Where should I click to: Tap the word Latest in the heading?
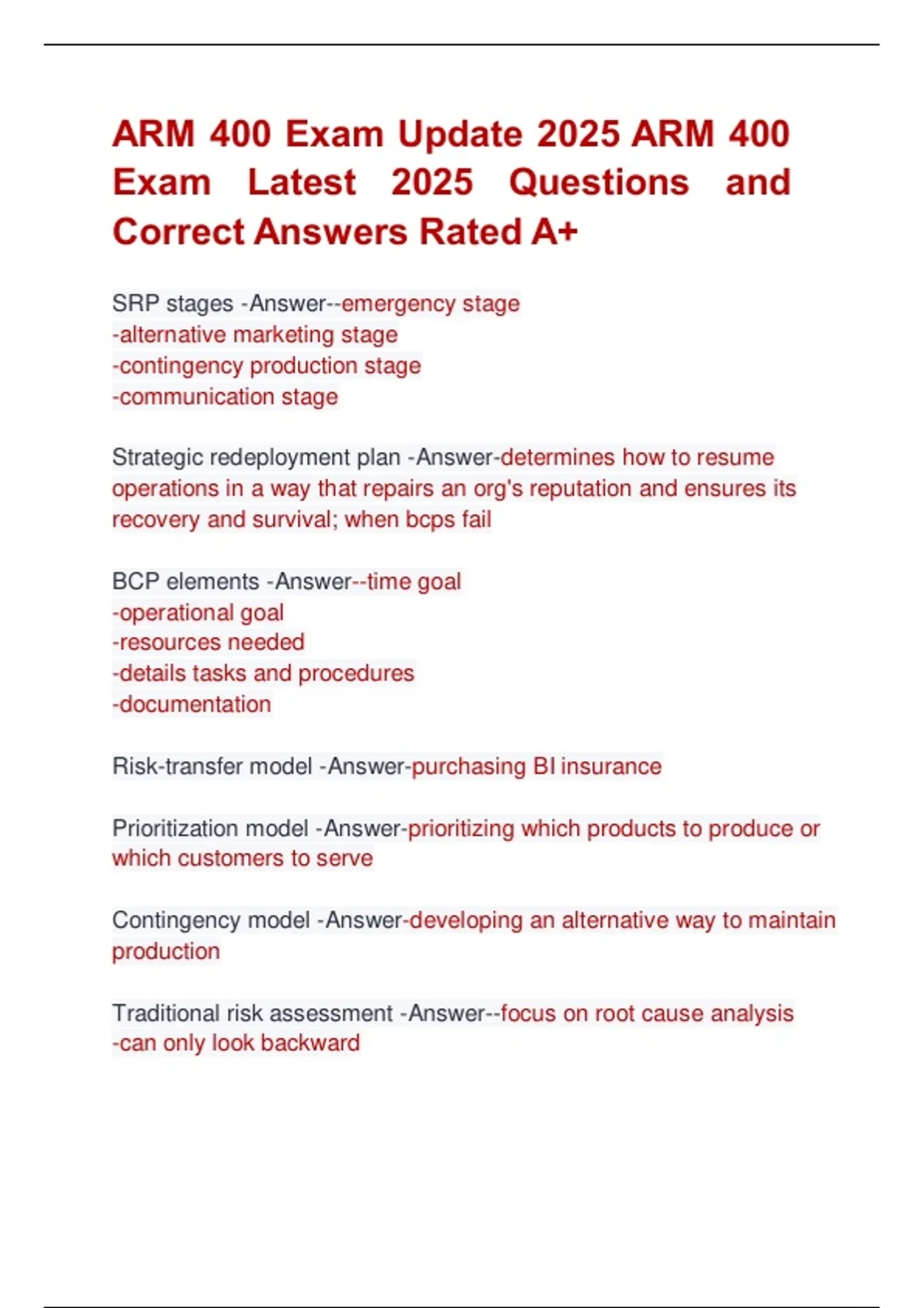[x=302, y=183]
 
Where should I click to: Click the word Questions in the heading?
[x=599, y=183]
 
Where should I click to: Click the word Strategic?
[x=157, y=458]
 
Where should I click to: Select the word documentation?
[x=195, y=705]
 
